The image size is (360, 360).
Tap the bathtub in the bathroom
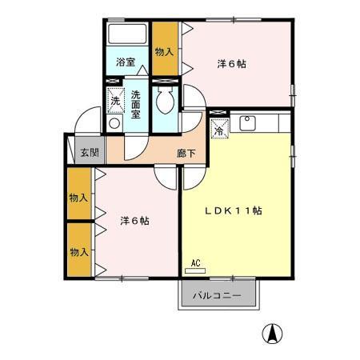tap(127, 34)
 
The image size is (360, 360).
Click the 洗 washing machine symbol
tap(115, 101)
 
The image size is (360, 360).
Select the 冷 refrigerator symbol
tap(218, 127)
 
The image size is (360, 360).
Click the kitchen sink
tap(246, 124)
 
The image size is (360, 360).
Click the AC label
tap(196, 262)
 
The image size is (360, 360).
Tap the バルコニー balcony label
tap(217, 296)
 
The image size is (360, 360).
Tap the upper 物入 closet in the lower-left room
tap(78, 196)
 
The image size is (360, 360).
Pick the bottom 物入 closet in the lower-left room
tap(78, 251)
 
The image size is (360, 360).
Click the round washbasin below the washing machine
tap(114, 124)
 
